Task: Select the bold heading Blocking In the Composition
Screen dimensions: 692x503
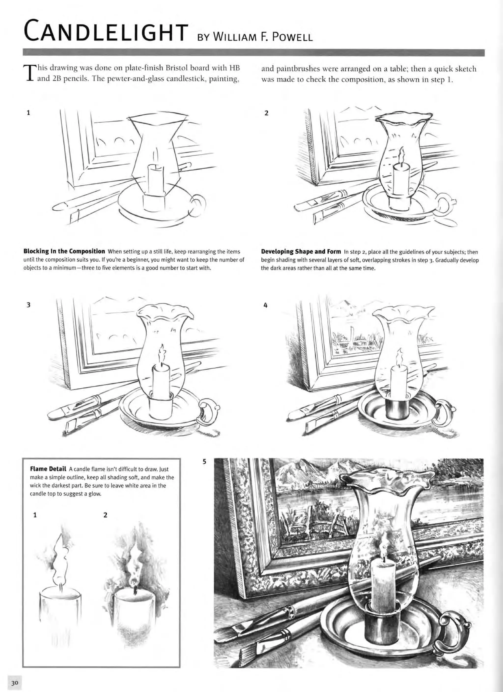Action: [x=64, y=252]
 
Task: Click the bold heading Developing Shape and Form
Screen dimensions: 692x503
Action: [x=301, y=252]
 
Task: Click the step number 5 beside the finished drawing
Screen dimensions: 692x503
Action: [x=205, y=462]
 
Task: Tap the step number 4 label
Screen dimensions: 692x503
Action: [x=265, y=305]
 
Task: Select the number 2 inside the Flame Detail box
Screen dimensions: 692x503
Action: [x=105, y=515]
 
